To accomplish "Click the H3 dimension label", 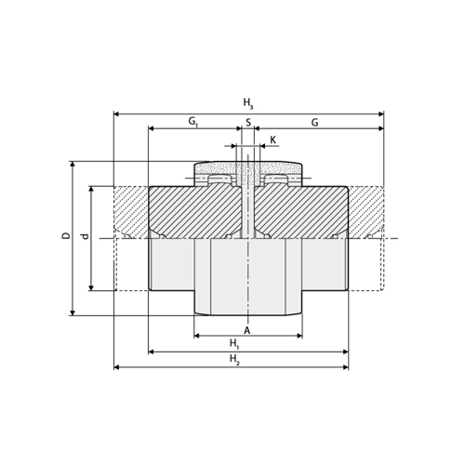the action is click(248, 103).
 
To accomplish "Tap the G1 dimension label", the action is click(193, 122).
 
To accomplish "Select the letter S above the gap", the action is click(248, 123).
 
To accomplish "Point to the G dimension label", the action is click(314, 123).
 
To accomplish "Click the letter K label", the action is click(272, 139).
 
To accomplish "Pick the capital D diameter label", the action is click(66, 236).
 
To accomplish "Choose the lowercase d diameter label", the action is click(85, 236).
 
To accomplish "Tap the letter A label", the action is click(246, 330).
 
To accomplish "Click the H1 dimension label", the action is click(234, 344).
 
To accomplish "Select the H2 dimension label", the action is click(234, 360).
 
